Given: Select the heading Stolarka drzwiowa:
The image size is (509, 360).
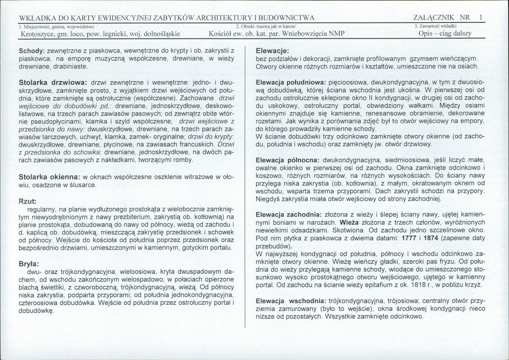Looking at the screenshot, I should [x=53, y=81].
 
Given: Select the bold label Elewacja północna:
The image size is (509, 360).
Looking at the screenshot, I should [x=288, y=160].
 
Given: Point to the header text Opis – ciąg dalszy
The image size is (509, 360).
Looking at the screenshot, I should [x=444, y=34].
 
